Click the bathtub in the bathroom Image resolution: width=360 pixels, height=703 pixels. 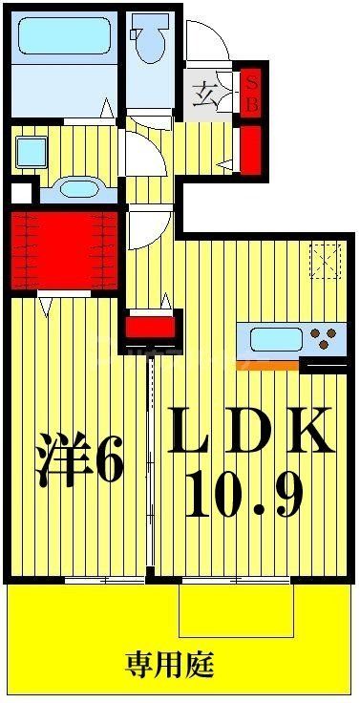(65, 38)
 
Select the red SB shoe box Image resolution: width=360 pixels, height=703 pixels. (252, 94)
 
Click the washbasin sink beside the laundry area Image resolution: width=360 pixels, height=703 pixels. (73, 188)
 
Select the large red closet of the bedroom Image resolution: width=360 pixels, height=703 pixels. (65, 250)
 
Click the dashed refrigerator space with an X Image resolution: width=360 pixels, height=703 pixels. (326, 259)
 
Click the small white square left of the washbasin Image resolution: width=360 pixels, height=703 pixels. (17, 193)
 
